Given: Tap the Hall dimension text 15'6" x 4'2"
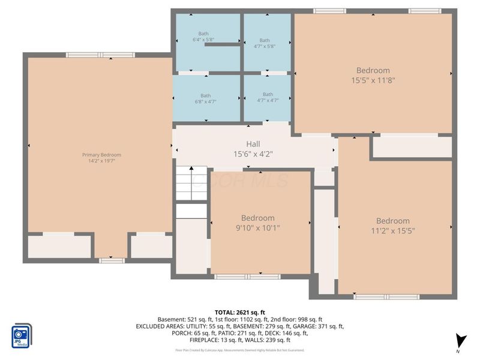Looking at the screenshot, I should point(253,154).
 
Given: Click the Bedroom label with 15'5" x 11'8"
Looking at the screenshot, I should point(373,70).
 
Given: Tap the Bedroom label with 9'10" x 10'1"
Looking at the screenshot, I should point(258,218).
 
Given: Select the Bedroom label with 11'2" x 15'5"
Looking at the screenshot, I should point(393,221).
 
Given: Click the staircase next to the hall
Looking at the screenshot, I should point(191,183).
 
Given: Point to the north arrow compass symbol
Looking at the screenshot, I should point(460,340).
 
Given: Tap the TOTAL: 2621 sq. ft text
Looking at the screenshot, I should point(240,311).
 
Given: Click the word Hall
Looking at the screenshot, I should point(253,144).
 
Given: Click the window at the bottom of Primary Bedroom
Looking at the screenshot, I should point(112,260).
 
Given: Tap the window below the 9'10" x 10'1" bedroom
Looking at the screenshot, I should point(247,277).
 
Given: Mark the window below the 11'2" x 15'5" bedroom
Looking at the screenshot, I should point(386,296).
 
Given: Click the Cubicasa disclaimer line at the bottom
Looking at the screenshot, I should point(240,350).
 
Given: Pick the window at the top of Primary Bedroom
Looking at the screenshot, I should point(100,55).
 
